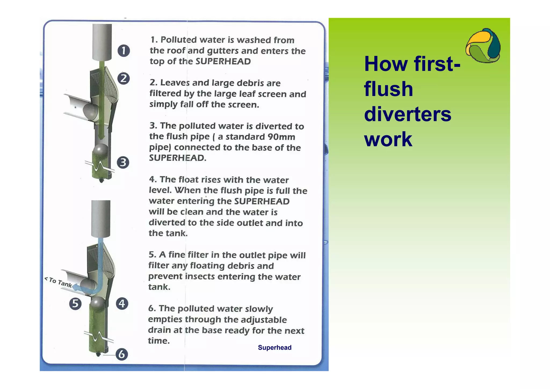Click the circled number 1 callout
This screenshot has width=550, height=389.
124,51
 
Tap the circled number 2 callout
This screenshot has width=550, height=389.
124,78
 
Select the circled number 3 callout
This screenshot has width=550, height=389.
123,163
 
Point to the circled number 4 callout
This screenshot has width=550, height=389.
122,304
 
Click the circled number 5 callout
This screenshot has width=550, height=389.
75,304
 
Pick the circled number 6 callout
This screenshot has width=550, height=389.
122,354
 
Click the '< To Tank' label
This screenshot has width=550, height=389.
58,282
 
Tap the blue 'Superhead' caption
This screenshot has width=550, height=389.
274,348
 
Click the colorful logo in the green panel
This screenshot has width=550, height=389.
483,46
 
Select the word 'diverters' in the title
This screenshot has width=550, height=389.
407,114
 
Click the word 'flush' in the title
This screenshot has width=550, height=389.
388,89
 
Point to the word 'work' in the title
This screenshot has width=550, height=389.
388,140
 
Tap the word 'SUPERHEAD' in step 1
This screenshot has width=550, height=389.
223,62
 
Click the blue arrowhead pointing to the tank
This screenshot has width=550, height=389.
76,287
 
